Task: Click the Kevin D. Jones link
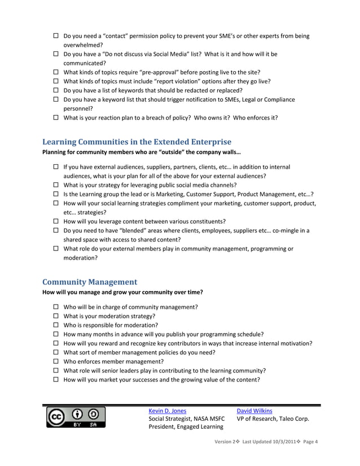pos(167,411)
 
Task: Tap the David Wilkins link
pos(254,411)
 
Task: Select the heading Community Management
pos(90,282)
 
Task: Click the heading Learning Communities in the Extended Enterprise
pos(137,142)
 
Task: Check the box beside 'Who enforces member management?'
pos(56,361)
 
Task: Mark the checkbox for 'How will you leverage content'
pos(56,221)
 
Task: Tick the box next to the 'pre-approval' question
pos(56,72)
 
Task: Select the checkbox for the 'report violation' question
pos(56,81)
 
